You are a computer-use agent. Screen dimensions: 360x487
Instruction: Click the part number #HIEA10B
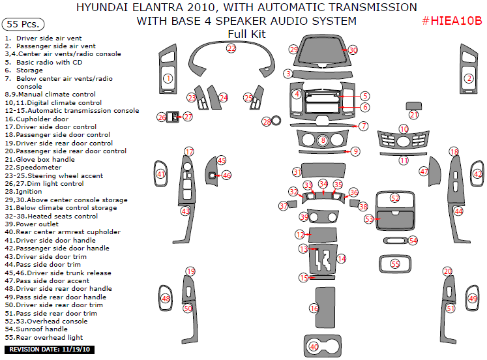(x=452, y=21)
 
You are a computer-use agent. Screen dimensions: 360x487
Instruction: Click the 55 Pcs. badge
(x=23, y=24)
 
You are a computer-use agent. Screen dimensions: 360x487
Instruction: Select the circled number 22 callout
(x=231, y=49)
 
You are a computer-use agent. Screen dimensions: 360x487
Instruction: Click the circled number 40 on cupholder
(x=314, y=347)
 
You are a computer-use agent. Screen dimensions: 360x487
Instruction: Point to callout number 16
(x=314, y=308)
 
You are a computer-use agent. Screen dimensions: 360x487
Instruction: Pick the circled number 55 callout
(x=395, y=264)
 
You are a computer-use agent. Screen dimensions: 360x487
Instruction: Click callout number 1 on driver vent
(x=168, y=78)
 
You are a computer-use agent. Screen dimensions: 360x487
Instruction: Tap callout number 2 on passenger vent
(x=468, y=78)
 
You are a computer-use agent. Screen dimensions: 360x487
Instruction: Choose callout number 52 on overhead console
(x=395, y=198)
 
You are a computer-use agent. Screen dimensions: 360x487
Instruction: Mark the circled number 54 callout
(x=413, y=241)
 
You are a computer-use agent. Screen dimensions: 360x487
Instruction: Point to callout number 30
(x=353, y=50)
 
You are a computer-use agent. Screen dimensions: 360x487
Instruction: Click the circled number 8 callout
(x=323, y=140)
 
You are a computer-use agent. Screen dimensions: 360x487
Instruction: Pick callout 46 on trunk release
(x=226, y=175)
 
